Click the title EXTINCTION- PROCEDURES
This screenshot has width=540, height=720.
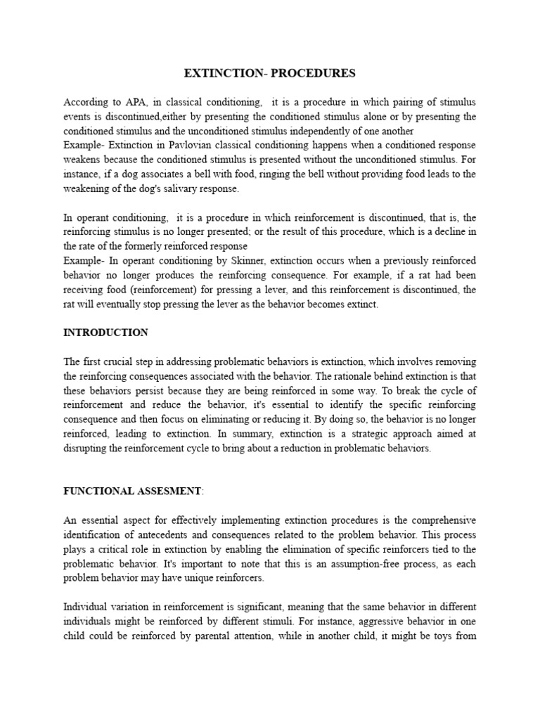click(270, 73)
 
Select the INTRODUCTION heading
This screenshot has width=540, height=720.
click(106, 333)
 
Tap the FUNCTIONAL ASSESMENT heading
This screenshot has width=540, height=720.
click(132, 491)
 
